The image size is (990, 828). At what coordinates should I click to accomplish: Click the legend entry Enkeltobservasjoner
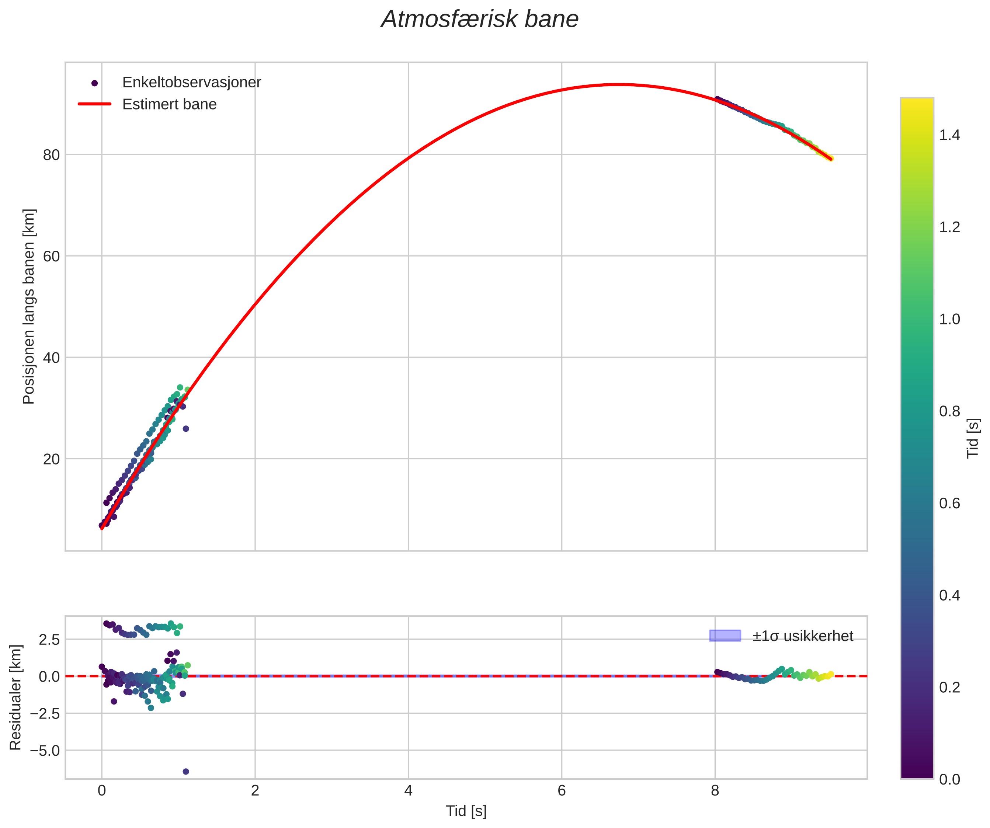click(x=191, y=83)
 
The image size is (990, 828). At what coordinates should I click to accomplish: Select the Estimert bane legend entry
click(x=169, y=104)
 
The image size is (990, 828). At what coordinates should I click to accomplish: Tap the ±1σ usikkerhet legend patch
click(x=725, y=636)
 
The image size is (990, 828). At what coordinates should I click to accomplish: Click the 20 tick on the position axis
click(x=51, y=459)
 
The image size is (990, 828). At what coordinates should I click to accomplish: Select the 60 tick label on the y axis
click(x=51, y=256)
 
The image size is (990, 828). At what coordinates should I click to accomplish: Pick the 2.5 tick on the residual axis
click(x=49, y=640)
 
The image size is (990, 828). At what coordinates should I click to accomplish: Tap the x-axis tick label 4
click(x=408, y=791)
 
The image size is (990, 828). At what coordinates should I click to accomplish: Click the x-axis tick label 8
click(x=715, y=791)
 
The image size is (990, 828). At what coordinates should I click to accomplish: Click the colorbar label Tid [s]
click(x=973, y=438)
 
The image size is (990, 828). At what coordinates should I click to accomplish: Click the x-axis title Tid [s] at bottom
click(x=466, y=811)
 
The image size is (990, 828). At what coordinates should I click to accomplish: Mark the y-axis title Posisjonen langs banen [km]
click(x=29, y=306)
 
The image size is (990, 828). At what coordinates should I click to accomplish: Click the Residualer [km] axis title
click(x=15, y=697)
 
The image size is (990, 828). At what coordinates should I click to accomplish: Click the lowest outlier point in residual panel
click(x=186, y=772)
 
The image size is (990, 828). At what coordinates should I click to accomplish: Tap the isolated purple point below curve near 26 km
click(x=186, y=428)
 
